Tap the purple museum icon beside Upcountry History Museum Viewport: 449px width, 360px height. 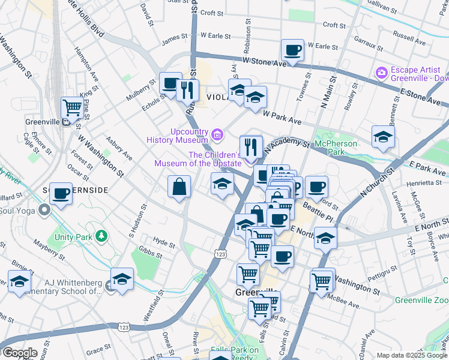coord(216,134)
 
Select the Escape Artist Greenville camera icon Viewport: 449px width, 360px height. coord(381,73)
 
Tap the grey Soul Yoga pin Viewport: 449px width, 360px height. coord(44,211)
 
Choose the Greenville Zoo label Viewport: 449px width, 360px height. coord(421,299)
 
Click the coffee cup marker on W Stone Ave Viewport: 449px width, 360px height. coord(292,50)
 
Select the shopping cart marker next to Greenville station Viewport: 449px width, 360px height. coord(72,108)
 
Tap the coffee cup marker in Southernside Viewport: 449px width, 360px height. coord(61,194)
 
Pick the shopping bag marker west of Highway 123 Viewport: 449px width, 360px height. coord(179,187)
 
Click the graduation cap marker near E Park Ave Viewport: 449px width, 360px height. coord(383,137)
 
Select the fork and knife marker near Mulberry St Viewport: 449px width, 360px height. coord(187,90)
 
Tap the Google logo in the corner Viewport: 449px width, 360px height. coord(19,353)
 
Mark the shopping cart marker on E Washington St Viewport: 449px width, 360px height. coord(322,280)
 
